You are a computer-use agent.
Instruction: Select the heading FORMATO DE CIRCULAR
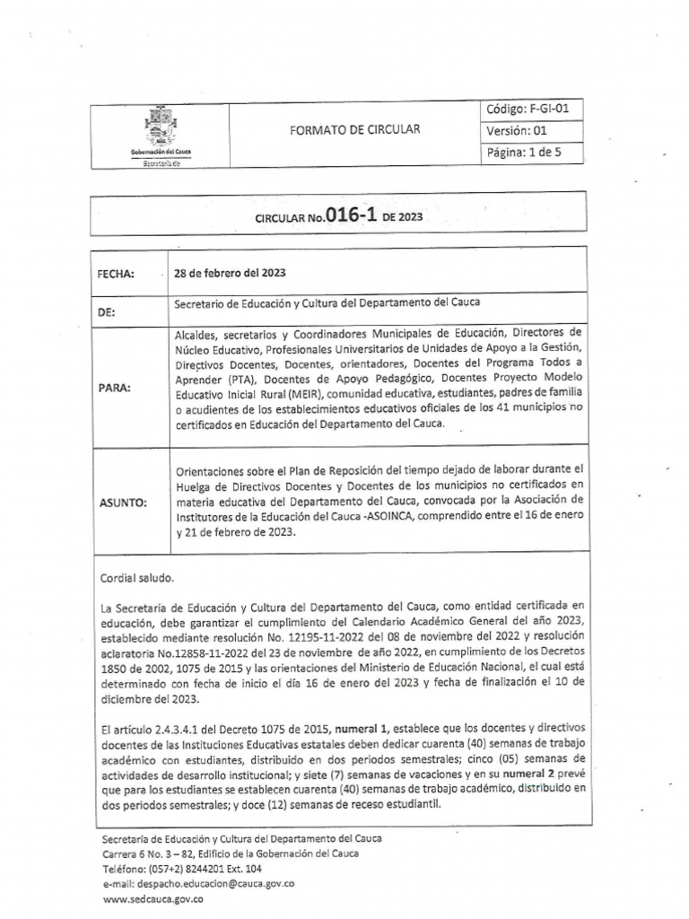click(354, 129)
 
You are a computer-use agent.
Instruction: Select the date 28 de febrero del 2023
click(231, 273)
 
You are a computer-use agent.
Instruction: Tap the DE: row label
click(107, 313)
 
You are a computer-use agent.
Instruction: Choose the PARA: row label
click(113, 388)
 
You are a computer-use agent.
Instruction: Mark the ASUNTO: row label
click(121, 503)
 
